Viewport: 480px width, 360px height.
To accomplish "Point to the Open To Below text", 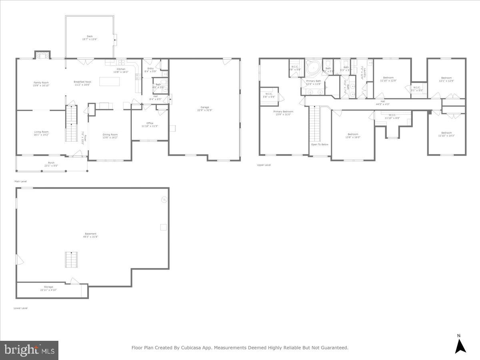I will click(x=320, y=144).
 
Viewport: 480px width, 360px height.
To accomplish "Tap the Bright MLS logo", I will click(x=29, y=350).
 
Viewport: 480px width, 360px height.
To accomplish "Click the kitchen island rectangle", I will click(x=110, y=82).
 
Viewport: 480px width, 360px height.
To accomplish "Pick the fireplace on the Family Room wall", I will click(x=42, y=55).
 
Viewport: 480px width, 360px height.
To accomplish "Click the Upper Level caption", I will click(x=264, y=165).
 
